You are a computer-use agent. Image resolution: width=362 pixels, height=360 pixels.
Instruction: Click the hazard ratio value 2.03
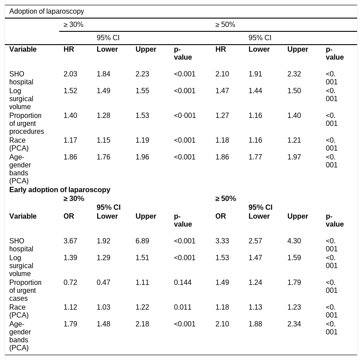[71, 74]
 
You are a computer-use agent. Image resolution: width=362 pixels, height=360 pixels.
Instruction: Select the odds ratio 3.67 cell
[71, 241]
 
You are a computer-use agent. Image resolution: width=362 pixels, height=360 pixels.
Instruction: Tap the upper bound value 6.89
[142, 241]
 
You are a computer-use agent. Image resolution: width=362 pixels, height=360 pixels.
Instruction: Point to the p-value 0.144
[183, 282]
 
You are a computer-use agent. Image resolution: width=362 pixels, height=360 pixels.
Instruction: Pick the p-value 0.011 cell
[183, 307]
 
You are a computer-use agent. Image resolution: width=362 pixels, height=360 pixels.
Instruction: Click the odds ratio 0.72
[71, 282]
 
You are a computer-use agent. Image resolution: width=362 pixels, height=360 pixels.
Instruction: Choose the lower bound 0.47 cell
[103, 282]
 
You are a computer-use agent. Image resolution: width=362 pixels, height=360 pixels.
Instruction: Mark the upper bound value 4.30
[294, 241]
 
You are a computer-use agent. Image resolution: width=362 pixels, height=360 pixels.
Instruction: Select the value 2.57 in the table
[255, 241]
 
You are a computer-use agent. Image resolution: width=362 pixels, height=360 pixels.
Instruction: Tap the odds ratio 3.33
[222, 241]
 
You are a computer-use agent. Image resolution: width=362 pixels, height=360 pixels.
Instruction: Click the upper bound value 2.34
[294, 324]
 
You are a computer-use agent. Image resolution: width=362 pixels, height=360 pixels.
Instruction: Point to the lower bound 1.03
[103, 307]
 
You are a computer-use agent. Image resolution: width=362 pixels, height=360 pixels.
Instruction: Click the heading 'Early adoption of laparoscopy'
[60, 189]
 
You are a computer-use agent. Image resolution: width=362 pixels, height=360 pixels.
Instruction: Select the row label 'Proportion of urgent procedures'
[26, 123]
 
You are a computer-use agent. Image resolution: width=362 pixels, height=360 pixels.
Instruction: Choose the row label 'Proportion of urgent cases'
[26, 291]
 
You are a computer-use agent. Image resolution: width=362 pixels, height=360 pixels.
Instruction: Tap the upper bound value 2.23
[142, 74]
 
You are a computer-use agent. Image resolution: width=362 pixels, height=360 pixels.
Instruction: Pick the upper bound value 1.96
[142, 157]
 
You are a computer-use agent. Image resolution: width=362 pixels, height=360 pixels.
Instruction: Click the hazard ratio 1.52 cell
[71, 91]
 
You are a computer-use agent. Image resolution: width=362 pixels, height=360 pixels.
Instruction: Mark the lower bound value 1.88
[255, 324]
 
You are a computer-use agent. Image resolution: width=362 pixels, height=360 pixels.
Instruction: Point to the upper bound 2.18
[142, 324]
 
